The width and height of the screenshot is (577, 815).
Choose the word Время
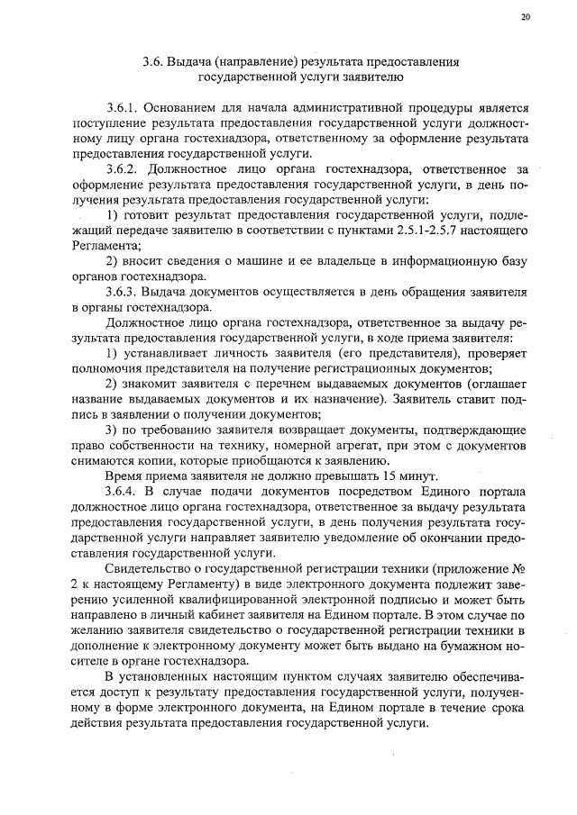[x=124, y=475]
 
